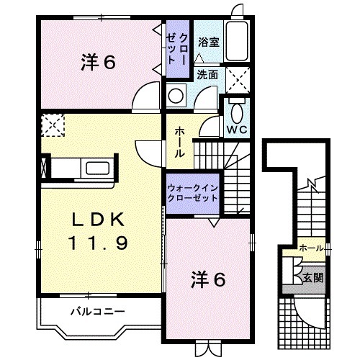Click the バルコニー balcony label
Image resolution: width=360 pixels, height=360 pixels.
98,312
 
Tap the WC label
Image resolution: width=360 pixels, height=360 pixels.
236,129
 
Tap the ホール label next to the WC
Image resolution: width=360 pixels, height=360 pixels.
179,142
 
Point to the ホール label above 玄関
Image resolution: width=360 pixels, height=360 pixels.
310,248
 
